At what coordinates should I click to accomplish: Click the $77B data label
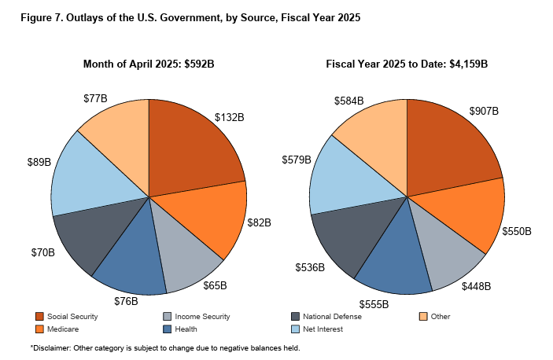click(95, 99)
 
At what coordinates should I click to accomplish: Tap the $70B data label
click(42, 252)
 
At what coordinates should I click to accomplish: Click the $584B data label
click(348, 101)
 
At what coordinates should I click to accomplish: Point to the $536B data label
click(309, 267)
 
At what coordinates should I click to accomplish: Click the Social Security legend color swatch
click(39, 317)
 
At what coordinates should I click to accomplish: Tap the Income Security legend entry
click(196, 317)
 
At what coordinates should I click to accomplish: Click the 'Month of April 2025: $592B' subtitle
click(148, 64)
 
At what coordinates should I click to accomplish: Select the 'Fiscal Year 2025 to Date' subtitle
click(407, 64)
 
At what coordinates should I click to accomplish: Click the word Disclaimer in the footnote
click(53, 347)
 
